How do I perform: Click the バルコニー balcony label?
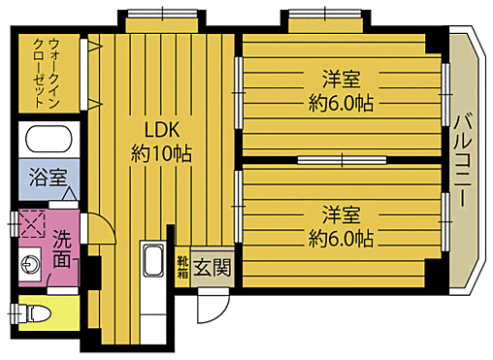462,161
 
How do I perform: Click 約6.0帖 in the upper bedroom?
342,101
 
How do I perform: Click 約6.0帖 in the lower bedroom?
342,236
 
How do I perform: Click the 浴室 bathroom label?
48,178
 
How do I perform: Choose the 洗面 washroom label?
61,247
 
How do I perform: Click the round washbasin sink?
29,261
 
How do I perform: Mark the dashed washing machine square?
33,224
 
